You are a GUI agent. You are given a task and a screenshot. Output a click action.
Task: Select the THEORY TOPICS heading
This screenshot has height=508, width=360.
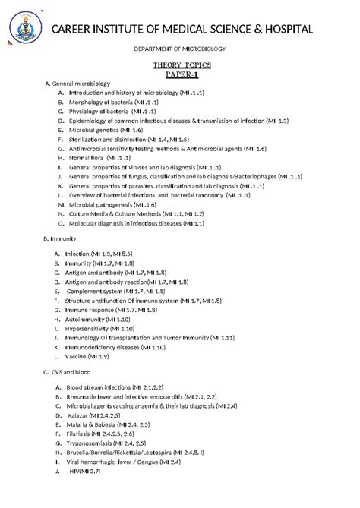point(181,66)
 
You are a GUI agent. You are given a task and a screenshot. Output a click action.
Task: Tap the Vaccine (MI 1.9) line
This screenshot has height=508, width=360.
point(87,356)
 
